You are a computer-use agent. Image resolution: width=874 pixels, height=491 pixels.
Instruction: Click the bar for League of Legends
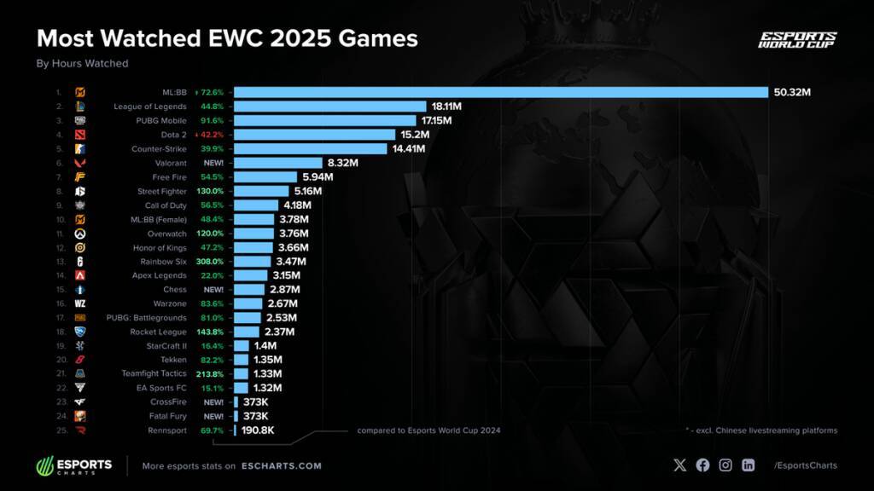(329, 107)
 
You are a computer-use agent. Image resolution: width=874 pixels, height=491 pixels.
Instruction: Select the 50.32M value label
(791, 92)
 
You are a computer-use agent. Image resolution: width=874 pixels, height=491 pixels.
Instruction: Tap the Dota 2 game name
(175, 135)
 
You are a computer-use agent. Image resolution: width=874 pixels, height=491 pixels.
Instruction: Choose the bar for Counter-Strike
(312, 148)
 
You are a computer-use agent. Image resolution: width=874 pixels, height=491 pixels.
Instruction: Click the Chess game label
(177, 290)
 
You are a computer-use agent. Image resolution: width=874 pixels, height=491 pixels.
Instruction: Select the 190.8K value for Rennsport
(257, 430)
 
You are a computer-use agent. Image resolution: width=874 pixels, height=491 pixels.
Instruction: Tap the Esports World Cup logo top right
(797, 40)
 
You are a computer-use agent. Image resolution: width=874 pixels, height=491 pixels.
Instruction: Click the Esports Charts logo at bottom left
(74, 466)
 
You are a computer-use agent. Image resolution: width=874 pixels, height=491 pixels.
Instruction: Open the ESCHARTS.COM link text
(281, 466)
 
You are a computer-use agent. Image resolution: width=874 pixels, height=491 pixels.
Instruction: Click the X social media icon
(679, 465)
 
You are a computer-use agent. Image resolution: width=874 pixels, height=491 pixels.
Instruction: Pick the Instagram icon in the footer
(725, 465)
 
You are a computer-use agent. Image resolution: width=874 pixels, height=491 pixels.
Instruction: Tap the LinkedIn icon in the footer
(749, 465)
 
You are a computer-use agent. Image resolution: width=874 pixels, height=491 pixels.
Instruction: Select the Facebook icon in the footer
(702, 465)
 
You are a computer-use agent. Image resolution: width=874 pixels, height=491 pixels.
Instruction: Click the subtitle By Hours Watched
(82, 63)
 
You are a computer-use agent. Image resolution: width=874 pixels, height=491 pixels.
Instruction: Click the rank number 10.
(59, 219)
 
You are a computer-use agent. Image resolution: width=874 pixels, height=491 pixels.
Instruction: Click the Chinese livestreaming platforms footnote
(760, 430)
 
